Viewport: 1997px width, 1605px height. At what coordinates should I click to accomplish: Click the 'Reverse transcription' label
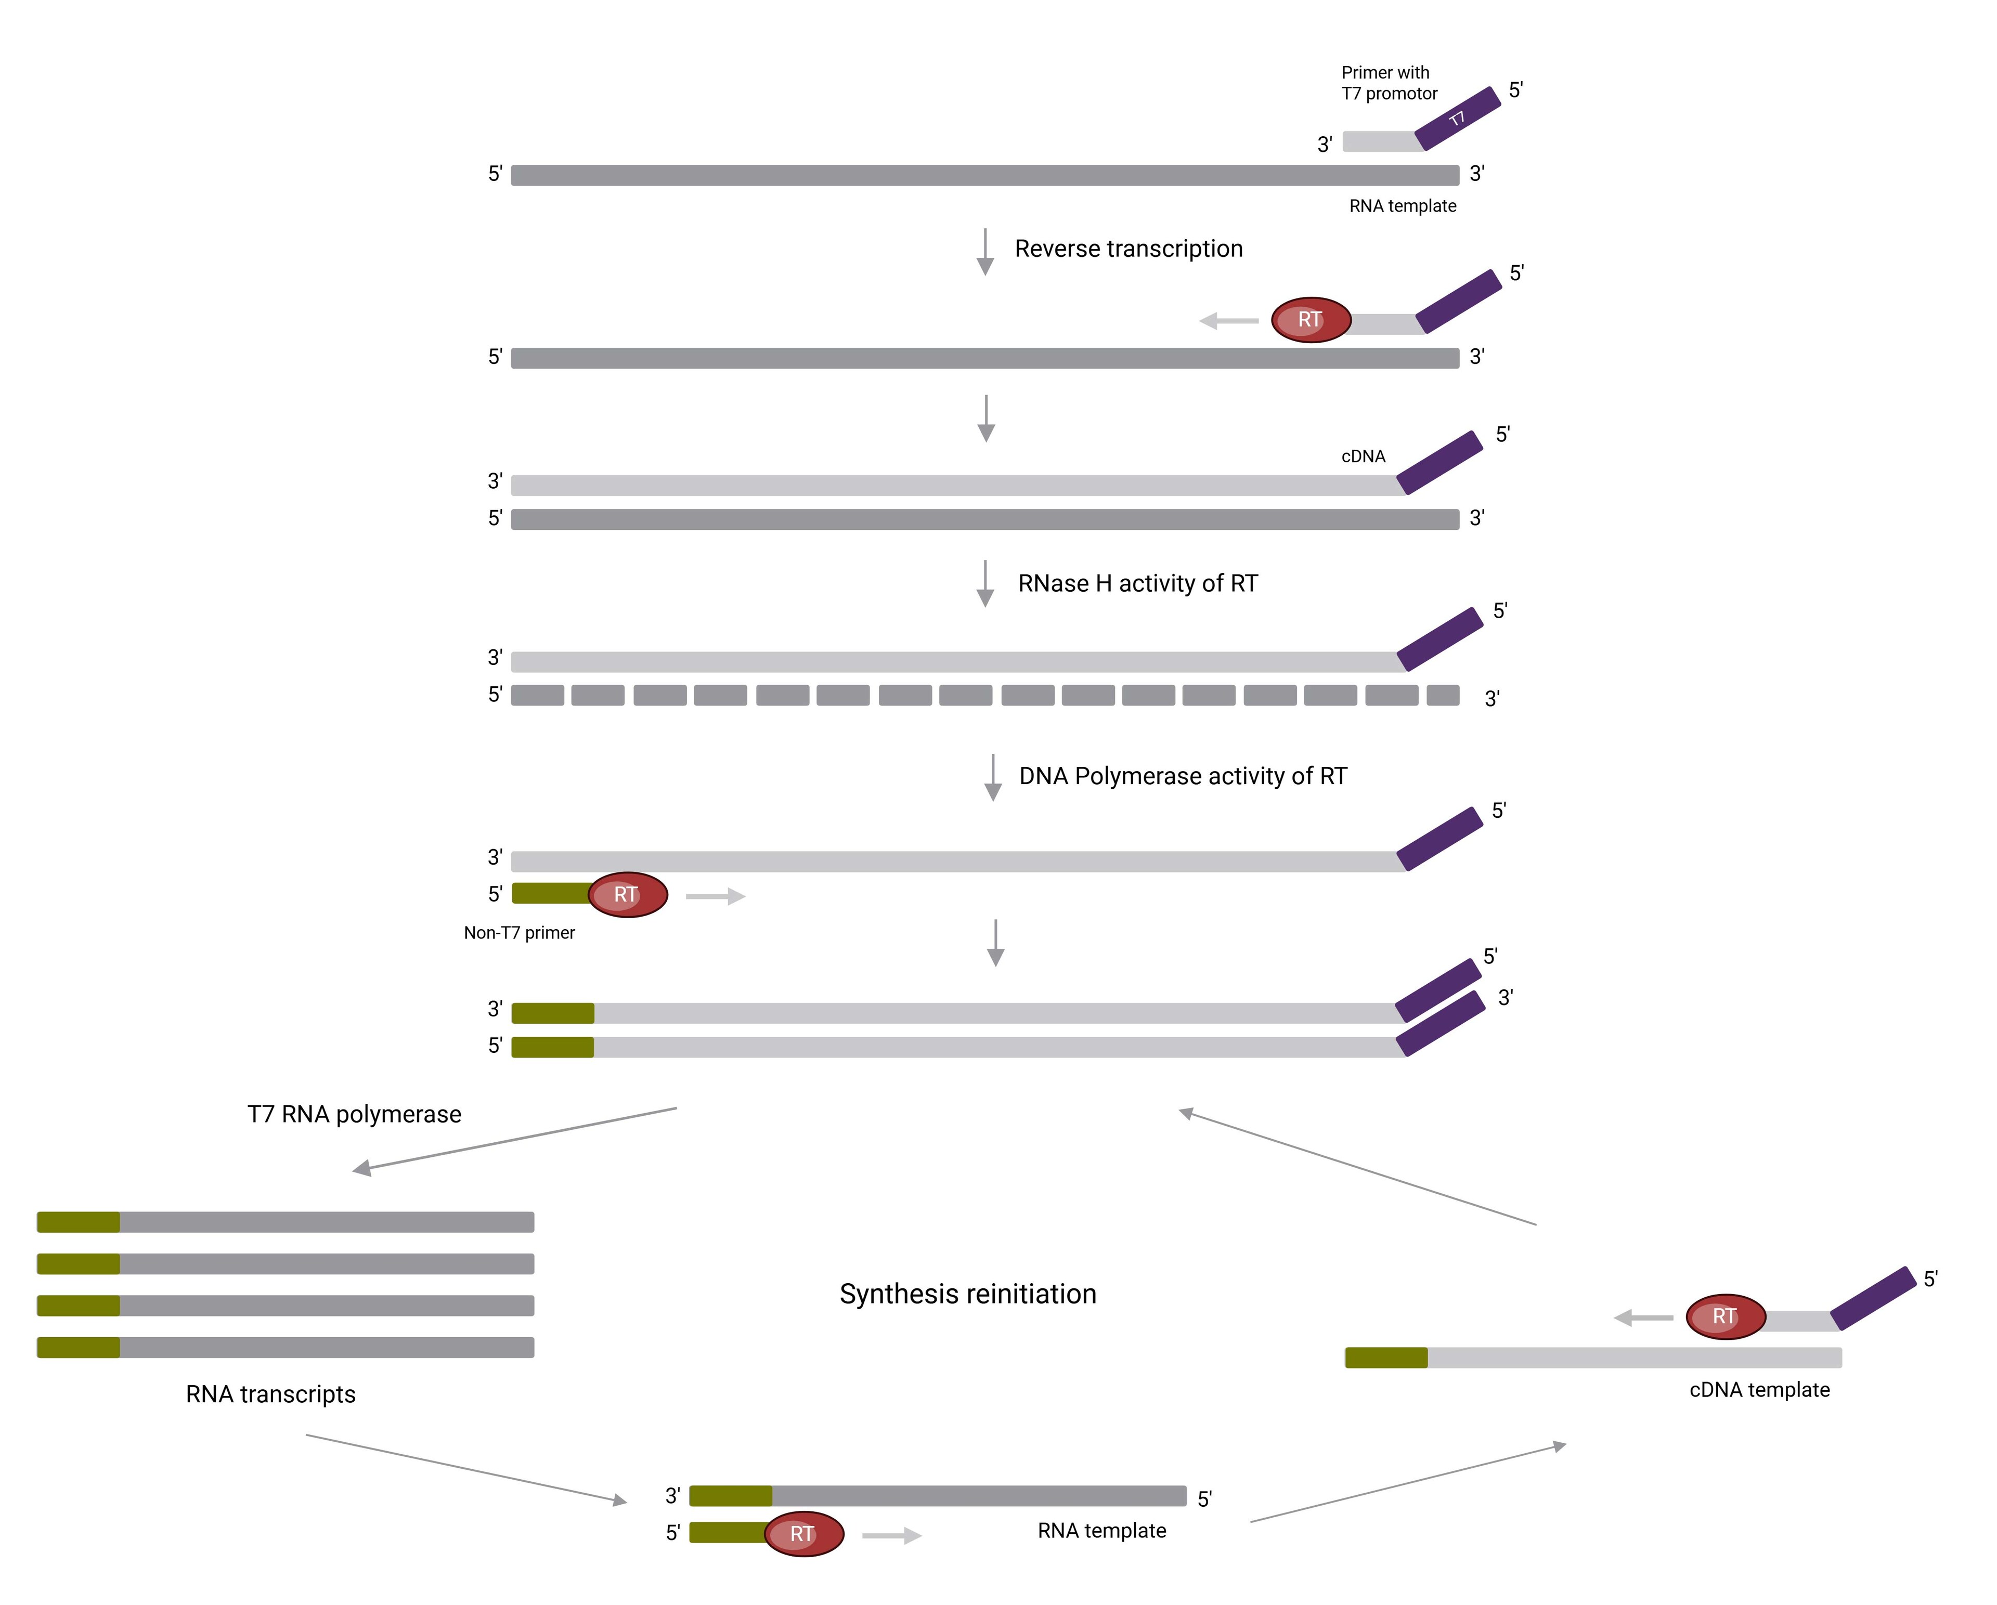(x=1128, y=249)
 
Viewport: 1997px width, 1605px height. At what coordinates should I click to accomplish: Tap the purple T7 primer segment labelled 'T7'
(x=1458, y=119)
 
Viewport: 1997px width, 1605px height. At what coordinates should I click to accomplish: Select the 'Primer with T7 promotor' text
(x=1389, y=83)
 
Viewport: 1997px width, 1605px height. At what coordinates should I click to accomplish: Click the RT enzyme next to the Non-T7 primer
(x=627, y=895)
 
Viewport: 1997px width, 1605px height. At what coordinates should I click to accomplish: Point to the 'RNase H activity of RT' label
(x=1137, y=583)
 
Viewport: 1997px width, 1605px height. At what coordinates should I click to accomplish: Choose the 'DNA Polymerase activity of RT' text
(x=1183, y=776)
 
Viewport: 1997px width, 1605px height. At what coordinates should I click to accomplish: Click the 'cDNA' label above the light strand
(x=1363, y=456)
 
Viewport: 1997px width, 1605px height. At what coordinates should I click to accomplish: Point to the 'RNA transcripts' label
(x=270, y=1394)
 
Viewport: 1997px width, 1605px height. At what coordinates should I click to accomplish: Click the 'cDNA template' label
(x=1759, y=1389)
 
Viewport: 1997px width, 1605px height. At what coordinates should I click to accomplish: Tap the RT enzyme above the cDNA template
(x=1724, y=1316)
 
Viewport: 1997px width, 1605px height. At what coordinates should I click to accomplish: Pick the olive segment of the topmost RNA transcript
(x=79, y=1222)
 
